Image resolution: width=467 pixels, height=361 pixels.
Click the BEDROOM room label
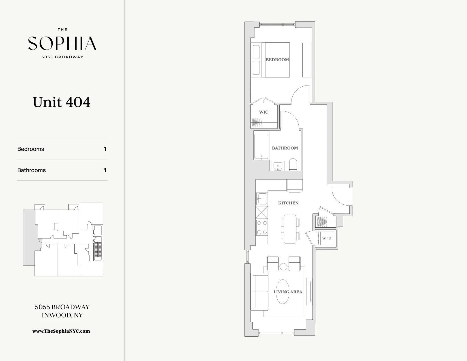tap(277, 60)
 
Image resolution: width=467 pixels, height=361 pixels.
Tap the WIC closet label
tap(264, 112)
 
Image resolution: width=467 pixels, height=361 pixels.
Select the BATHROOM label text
tap(285, 148)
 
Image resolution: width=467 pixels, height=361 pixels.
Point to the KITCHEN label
tap(288, 203)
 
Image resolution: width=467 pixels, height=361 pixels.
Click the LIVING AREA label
tap(288, 292)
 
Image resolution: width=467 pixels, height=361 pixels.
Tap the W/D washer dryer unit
tap(326, 238)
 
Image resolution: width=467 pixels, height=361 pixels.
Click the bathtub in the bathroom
tap(261, 146)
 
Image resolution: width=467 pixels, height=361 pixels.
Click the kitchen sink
tap(262, 199)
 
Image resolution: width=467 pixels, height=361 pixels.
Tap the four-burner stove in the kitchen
tap(262, 228)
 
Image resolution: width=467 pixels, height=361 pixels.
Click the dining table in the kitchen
tap(290, 229)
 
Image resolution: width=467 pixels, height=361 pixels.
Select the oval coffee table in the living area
tap(282, 292)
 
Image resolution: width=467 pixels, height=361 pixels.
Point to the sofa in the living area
tap(260, 292)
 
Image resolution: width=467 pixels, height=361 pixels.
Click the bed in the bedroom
tap(271, 60)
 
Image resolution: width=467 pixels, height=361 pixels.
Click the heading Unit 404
tap(61, 102)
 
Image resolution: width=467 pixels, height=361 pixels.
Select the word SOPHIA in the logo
tap(62, 43)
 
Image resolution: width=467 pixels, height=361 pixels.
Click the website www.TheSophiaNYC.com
tap(61, 331)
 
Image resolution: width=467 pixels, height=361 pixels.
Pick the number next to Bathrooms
tap(105, 170)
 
